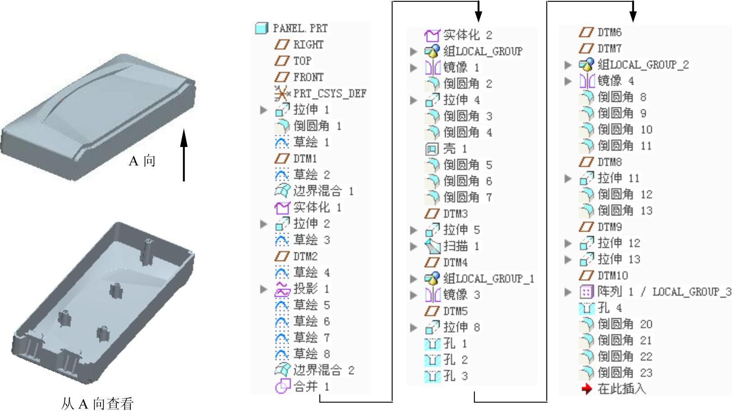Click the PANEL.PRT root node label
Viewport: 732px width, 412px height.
point(300,28)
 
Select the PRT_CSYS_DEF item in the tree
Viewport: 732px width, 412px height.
point(330,93)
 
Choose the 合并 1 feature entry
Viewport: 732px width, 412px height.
point(311,386)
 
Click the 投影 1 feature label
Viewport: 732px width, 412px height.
point(311,288)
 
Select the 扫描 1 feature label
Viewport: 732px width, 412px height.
point(461,246)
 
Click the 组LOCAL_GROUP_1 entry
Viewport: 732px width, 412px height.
point(488,279)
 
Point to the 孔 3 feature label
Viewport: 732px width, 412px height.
point(455,375)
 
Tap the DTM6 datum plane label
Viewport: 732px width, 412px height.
point(609,32)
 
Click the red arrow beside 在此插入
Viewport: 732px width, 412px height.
point(586,389)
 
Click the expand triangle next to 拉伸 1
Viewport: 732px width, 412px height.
point(264,110)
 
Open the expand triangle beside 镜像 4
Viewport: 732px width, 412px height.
point(568,81)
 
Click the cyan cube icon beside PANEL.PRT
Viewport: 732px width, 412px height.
point(262,28)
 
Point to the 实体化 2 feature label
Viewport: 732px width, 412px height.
point(467,35)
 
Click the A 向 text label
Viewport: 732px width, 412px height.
point(142,161)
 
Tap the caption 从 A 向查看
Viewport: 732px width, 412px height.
point(97,403)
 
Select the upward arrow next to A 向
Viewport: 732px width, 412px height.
point(184,156)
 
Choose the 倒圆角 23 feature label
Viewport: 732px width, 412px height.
point(625,372)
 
